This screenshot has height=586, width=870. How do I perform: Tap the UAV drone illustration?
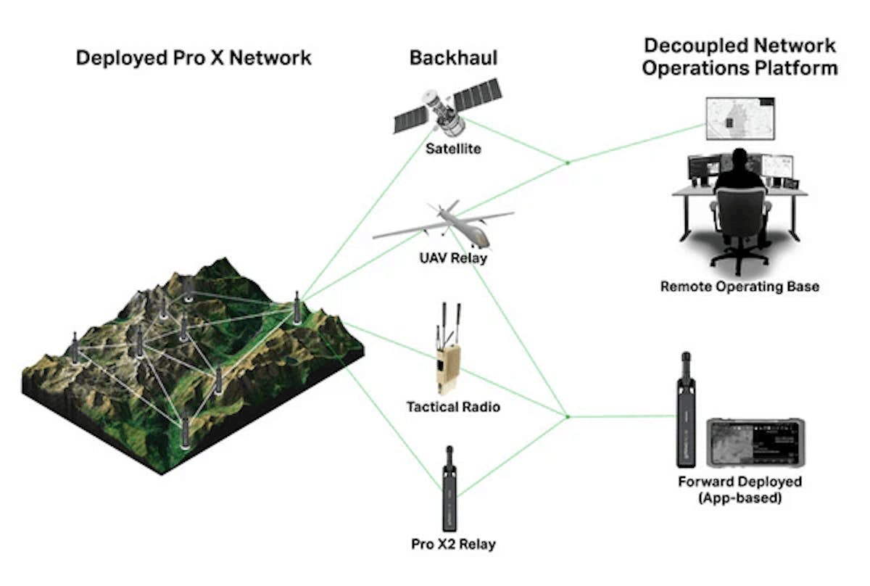(444, 220)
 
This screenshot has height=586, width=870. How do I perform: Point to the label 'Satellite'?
(454, 149)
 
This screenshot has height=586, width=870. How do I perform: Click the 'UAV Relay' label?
(453, 257)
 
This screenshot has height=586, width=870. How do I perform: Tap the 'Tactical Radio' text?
(453, 407)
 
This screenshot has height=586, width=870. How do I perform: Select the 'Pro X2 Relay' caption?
(453, 543)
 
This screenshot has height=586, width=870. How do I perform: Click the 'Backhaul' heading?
(453, 58)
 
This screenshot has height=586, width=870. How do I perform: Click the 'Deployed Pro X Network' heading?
(194, 58)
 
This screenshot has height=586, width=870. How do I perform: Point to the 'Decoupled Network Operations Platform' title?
(739, 57)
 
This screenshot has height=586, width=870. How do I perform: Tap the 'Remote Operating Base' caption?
(739, 286)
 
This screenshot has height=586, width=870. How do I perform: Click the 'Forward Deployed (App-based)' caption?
(739, 490)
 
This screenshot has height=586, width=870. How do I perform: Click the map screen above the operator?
(742, 118)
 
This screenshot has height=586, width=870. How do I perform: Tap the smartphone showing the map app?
(754, 443)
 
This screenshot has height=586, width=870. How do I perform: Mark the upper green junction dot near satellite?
(568, 162)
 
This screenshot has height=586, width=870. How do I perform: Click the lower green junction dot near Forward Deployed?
(568, 417)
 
